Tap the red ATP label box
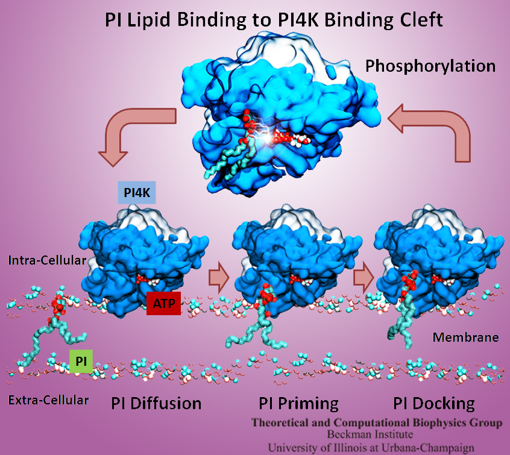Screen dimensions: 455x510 point(163,304)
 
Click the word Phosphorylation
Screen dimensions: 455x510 point(430,65)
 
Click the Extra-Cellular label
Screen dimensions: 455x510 point(49,399)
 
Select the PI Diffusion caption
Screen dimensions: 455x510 point(156,403)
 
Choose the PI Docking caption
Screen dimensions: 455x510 point(434,403)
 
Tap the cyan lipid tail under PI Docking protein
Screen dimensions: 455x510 point(398,325)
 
